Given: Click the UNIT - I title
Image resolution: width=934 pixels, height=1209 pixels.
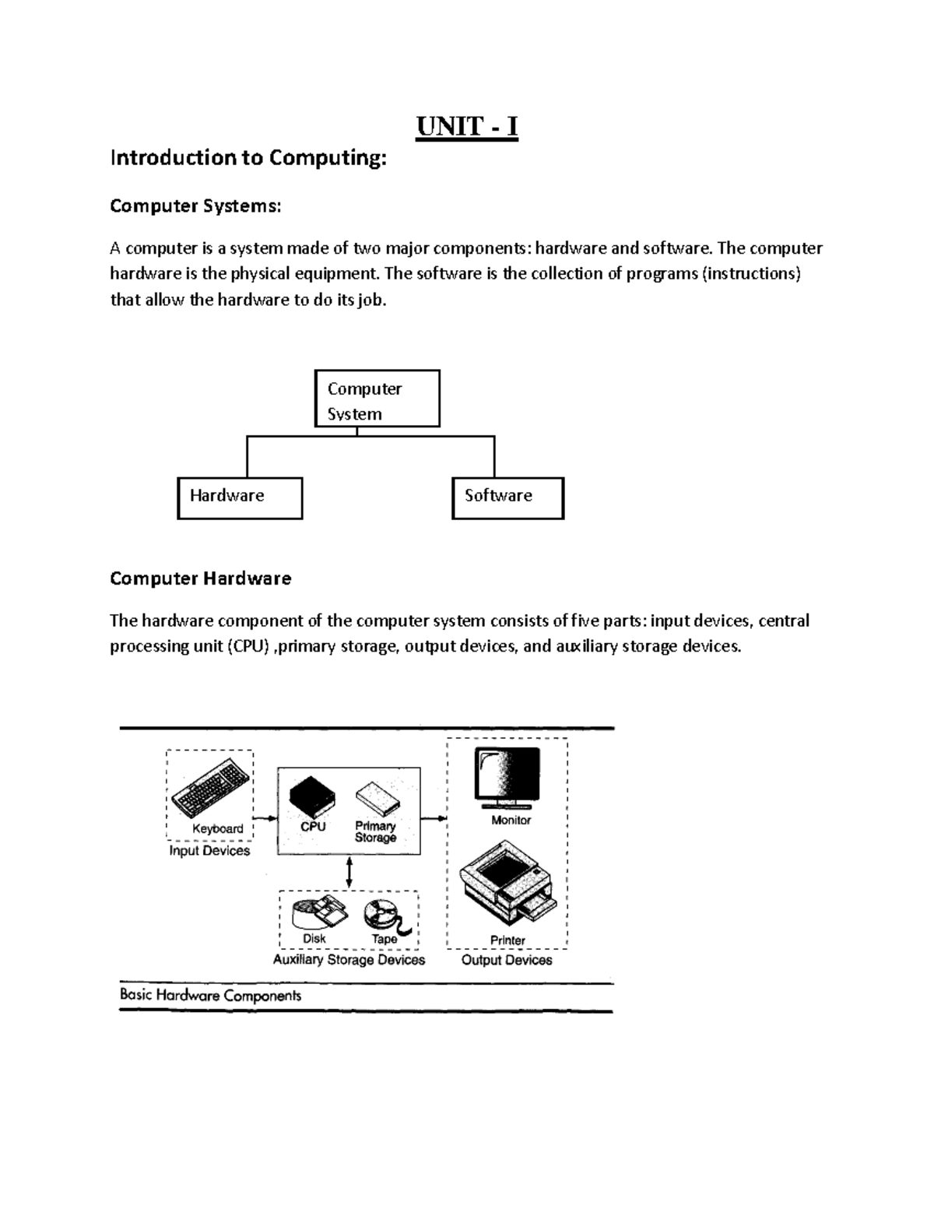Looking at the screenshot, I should click(467, 125).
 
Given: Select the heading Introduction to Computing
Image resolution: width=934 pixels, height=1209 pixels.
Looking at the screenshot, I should click(248, 158).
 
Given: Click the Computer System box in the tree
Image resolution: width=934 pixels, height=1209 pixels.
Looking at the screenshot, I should click(377, 399).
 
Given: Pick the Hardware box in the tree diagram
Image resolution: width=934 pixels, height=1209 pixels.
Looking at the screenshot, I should click(240, 498).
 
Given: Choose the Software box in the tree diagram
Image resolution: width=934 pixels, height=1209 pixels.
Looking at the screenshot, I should click(507, 498).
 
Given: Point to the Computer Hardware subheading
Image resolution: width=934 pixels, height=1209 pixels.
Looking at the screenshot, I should click(201, 578).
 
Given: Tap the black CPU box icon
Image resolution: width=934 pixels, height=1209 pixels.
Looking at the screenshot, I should click(312, 796).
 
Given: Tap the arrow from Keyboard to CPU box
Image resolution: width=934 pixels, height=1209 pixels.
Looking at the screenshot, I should click(266, 817).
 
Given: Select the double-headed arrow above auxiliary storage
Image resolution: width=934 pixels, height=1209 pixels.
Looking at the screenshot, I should click(349, 873).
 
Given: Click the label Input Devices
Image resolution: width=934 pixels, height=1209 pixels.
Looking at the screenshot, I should click(209, 851).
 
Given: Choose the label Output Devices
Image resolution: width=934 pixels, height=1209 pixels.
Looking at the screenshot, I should click(507, 960).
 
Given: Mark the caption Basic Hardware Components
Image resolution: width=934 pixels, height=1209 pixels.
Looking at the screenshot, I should click(210, 995).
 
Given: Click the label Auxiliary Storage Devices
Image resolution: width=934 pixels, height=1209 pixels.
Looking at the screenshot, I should click(349, 960).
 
